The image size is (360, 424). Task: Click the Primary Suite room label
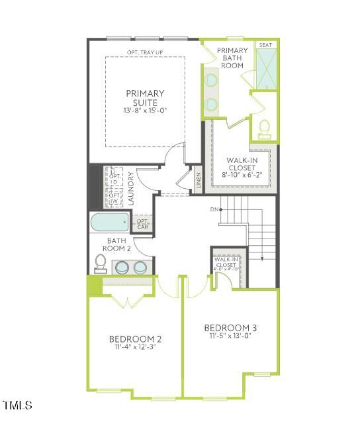(144, 98)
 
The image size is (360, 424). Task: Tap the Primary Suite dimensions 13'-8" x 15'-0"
(144, 111)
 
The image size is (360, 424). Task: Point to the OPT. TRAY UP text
(145, 52)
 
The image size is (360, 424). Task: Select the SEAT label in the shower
(265, 45)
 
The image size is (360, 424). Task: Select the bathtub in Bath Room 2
(110, 222)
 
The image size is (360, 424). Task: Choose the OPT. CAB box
(143, 224)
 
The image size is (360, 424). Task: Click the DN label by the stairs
(214, 209)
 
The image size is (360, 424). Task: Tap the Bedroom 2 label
(136, 339)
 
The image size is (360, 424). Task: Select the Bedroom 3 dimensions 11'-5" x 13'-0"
(230, 336)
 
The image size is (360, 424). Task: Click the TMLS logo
(18, 404)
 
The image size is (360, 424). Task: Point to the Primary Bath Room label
(233, 58)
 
